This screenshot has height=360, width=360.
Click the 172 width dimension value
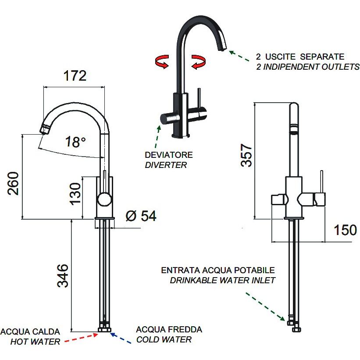[x=75, y=76]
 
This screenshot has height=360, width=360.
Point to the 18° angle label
[x=75, y=142]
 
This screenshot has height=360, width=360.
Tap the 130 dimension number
[x=75, y=193]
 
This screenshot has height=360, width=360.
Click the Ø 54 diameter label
[x=141, y=216]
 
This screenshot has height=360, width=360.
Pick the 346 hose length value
[x=63, y=275]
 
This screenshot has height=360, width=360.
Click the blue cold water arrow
[x=121, y=338]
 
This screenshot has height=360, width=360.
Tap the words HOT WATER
[x=35, y=342]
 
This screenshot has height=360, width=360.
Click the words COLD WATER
[x=164, y=339]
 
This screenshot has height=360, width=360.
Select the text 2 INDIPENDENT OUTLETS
[x=307, y=67]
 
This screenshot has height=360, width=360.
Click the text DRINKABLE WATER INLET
[x=223, y=280]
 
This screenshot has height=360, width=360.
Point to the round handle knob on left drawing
[x=104, y=200]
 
